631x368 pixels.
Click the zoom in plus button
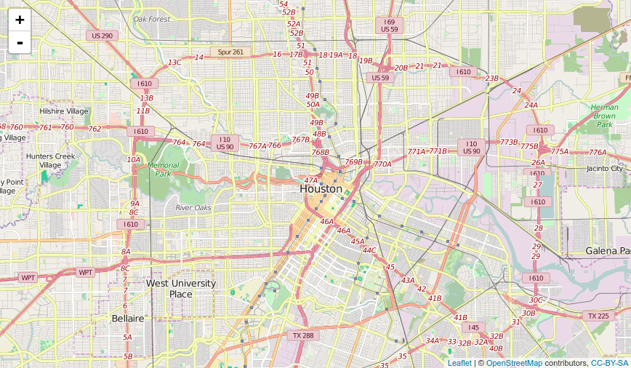(x=20, y=20)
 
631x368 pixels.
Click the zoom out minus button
(x=20, y=42)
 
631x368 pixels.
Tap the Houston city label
(x=321, y=189)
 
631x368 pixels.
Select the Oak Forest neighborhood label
(x=151, y=19)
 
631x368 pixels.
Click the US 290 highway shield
(x=102, y=36)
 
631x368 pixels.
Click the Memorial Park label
(x=163, y=169)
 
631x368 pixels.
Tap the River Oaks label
(x=193, y=208)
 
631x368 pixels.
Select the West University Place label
(x=181, y=289)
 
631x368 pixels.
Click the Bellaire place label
(x=128, y=319)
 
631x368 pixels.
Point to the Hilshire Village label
(x=64, y=111)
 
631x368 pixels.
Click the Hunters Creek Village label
(x=50, y=161)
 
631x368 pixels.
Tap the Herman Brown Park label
(x=604, y=116)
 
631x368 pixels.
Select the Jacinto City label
(x=605, y=169)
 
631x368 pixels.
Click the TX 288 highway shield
(x=303, y=335)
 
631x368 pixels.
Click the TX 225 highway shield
(x=598, y=316)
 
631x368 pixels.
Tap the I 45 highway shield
(x=474, y=328)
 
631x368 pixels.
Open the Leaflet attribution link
(x=459, y=363)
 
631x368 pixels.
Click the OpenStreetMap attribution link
(x=514, y=363)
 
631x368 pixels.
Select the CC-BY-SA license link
(x=609, y=363)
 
